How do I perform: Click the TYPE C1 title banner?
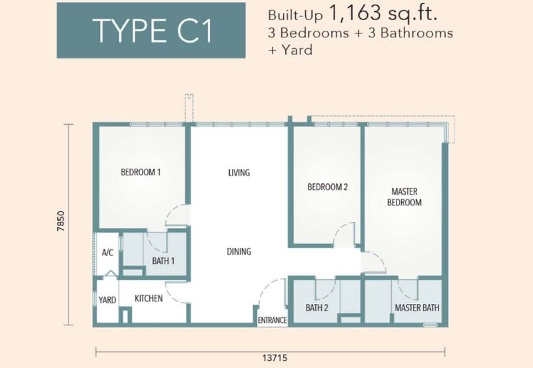pos(151,30)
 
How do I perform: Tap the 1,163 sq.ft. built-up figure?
pos(383,13)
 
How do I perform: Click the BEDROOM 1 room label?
pos(141,172)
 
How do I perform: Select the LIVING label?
pos(239,173)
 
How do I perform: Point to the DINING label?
pos(239,251)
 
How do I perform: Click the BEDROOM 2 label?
pos(328,187)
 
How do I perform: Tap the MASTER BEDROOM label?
pos(404,197)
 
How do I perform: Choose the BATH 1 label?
pos(163,261)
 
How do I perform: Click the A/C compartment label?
pos(107,253)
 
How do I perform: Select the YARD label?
pos(107,300)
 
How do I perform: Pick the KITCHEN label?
pos(149,298)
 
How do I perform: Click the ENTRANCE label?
pos(272,320)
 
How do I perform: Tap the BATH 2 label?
pos(317,308)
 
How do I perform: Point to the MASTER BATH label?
pos(417,308)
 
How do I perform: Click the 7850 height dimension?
pos(61,221)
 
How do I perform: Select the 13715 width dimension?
pos(275,358)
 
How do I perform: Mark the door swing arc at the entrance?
pos(267,285)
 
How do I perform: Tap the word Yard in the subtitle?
pos(296,50)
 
